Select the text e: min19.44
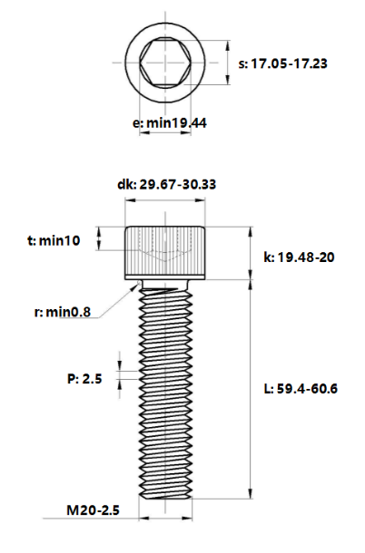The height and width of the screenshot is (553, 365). tap(170, 122)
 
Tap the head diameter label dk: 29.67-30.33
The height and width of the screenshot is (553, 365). tap(166, 185)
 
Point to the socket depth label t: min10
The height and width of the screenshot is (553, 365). tap(54, 240)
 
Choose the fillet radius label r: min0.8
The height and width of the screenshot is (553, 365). tap(62, 313)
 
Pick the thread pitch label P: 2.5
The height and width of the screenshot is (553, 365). tap(86, 378)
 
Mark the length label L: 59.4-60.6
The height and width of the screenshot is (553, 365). tap(300, 389)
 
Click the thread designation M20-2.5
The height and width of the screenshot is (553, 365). tap(94, 511)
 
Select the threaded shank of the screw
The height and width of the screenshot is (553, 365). tap(165, 390)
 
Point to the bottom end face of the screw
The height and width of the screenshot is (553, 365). tap(165, 498)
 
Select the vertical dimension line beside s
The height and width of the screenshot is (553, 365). tap(223, 63)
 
